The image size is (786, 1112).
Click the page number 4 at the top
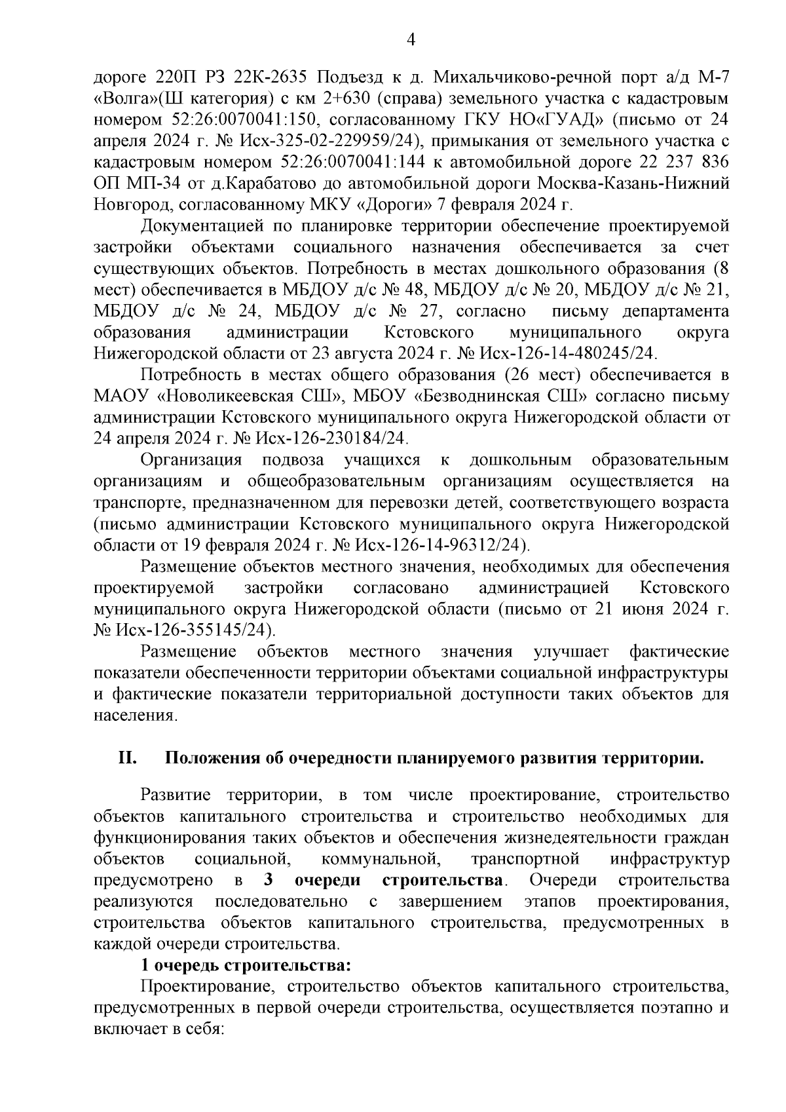(411, 41)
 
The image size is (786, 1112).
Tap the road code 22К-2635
(273, 78)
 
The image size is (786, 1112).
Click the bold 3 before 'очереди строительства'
(267, 880)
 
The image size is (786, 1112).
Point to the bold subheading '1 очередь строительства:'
(247, 966)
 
